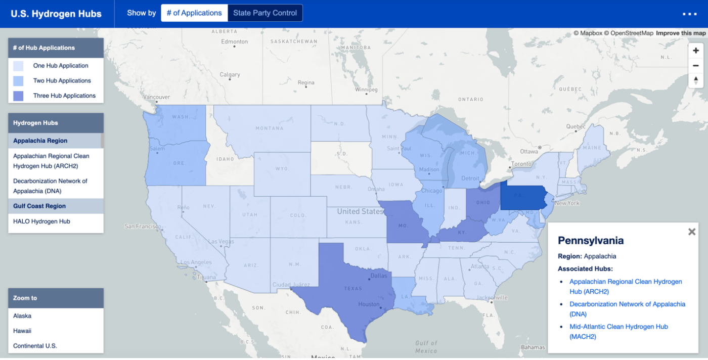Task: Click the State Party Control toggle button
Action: [265, 13]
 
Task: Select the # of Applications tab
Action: [194, 13]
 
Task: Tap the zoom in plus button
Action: [696, 51]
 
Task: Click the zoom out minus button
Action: [696, 65]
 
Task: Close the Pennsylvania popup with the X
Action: [692, 232]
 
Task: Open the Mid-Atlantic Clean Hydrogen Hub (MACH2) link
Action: [618, 331]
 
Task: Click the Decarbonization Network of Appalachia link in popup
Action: [627, 309]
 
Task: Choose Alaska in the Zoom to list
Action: [22, 316]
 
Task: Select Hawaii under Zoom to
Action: [22, 331]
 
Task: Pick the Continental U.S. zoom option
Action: [35, 346]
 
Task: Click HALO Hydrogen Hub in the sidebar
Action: [41, 221]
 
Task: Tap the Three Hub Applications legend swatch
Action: [18, 96]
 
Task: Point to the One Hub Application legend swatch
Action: [18, 66]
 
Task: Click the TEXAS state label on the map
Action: [353, 289]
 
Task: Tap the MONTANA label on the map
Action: [269, 128]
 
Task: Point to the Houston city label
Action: [369, 304]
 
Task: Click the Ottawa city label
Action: [529, 152]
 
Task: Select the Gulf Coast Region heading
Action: [39, 206]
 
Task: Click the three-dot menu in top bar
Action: [689, 14]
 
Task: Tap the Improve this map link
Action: [681, 33]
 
